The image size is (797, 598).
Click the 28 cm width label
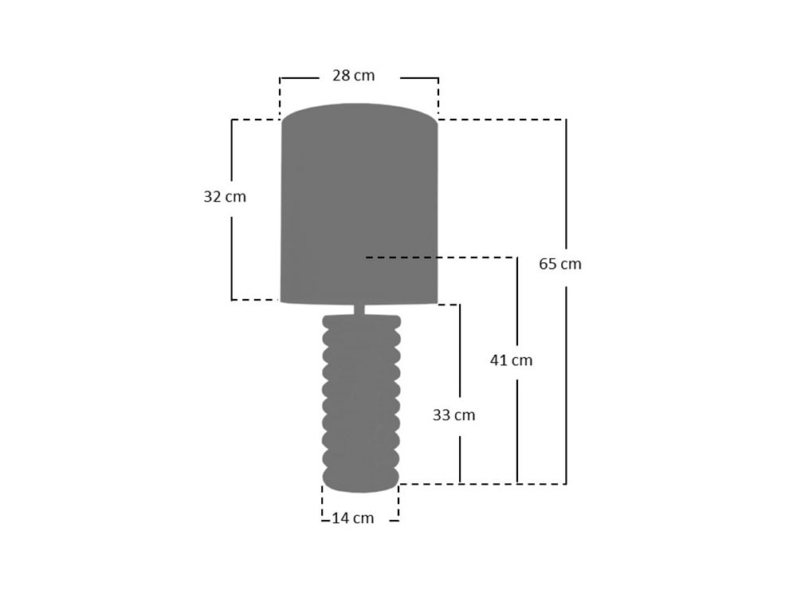[x=354, y=75]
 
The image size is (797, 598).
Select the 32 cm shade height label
[x=225, y=196]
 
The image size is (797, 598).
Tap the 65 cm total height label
[x=560, y=264]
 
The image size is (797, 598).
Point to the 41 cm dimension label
[x=511, y=360]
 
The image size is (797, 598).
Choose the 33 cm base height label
[x=454, y=415]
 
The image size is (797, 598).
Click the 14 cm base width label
[x=353, y=518]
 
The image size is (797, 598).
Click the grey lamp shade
[x=359, y=203]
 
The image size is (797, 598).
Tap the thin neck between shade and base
[x=359, y=309]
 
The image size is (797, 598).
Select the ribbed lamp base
[x=361, y=403]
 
